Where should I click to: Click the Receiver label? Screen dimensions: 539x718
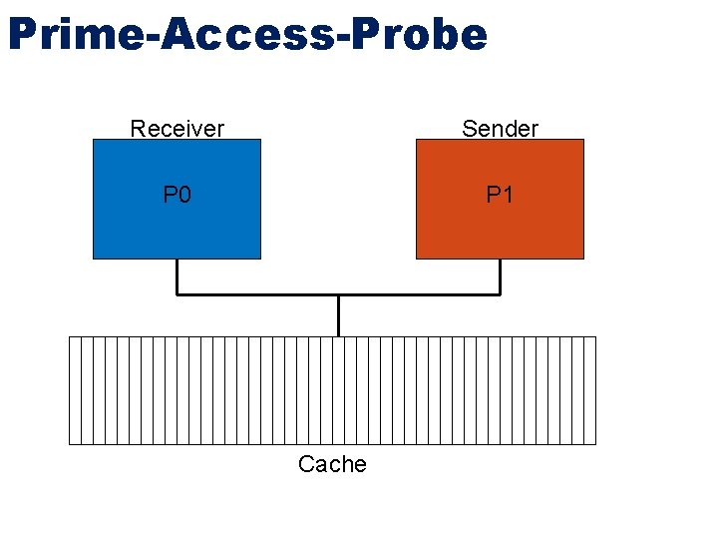tap(178, 129)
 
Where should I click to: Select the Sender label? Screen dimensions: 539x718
tap(500, 129)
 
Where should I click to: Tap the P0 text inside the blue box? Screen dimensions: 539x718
tap(178, 195)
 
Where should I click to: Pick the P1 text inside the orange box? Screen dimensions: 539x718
tap(500, 195)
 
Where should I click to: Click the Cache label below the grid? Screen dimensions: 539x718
tap(332, 464)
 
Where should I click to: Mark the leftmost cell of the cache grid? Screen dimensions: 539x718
tap(74, 389)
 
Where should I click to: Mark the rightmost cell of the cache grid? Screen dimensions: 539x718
tap(590, 389)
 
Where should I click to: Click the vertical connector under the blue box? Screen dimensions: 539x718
tap(178, 276)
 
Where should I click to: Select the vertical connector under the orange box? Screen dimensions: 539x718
tap(500, 276)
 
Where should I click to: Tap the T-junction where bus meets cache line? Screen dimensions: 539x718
tap(339, 295)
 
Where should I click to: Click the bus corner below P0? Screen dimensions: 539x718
tap(178, 294)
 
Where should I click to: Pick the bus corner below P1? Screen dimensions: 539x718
tap(500, 294)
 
